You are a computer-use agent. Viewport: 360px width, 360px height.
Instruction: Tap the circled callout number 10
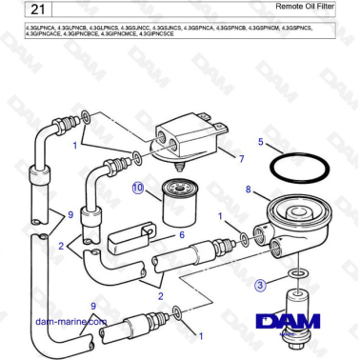(138, 188)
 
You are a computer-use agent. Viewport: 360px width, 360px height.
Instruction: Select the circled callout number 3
(260, 283)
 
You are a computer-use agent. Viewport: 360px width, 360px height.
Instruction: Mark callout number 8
(250, 190)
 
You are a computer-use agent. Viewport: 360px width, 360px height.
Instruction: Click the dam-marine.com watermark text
(70, 322)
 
